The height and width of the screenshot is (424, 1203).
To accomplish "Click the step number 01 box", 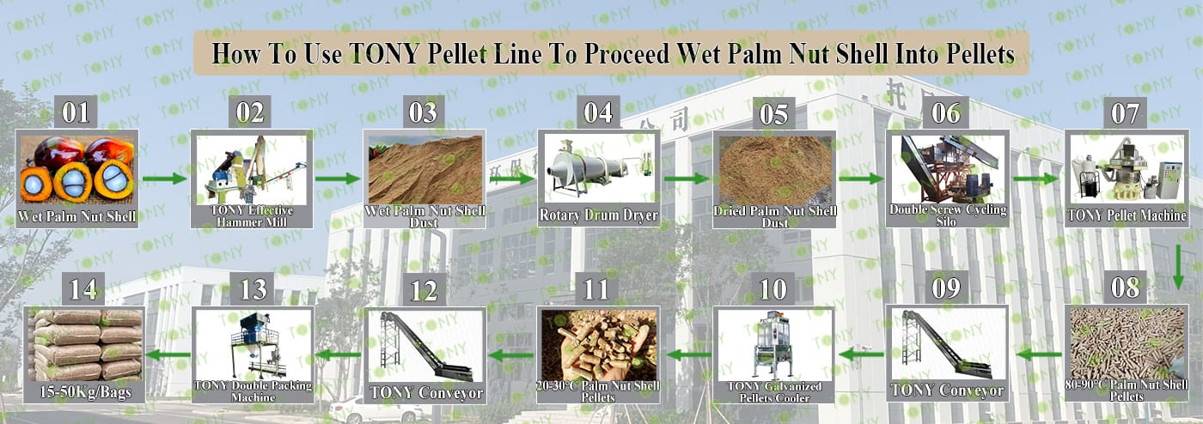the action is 76,112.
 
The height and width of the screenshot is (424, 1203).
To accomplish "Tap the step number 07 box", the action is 1125,112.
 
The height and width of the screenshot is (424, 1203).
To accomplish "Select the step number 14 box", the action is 83,288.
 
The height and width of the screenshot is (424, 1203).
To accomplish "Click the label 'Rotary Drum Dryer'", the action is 598,215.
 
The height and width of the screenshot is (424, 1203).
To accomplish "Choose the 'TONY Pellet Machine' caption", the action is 1127,215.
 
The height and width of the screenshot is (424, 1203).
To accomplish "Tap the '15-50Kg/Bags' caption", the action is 85,391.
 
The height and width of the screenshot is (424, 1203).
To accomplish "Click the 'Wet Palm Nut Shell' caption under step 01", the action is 76,216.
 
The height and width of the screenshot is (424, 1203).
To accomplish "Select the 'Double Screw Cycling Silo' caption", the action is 948,215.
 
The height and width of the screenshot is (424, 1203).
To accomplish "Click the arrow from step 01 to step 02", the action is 164,179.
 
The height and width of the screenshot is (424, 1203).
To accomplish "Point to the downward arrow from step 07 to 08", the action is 1178,267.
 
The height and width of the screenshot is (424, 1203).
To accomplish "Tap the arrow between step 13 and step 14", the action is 168,354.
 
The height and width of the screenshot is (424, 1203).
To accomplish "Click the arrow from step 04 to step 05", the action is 687,179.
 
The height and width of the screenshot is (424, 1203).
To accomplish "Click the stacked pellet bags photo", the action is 85,345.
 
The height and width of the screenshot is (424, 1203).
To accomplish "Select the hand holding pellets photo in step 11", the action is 598,345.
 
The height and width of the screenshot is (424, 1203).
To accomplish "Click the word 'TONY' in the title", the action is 384,53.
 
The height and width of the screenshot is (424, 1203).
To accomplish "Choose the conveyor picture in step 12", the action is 425,346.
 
